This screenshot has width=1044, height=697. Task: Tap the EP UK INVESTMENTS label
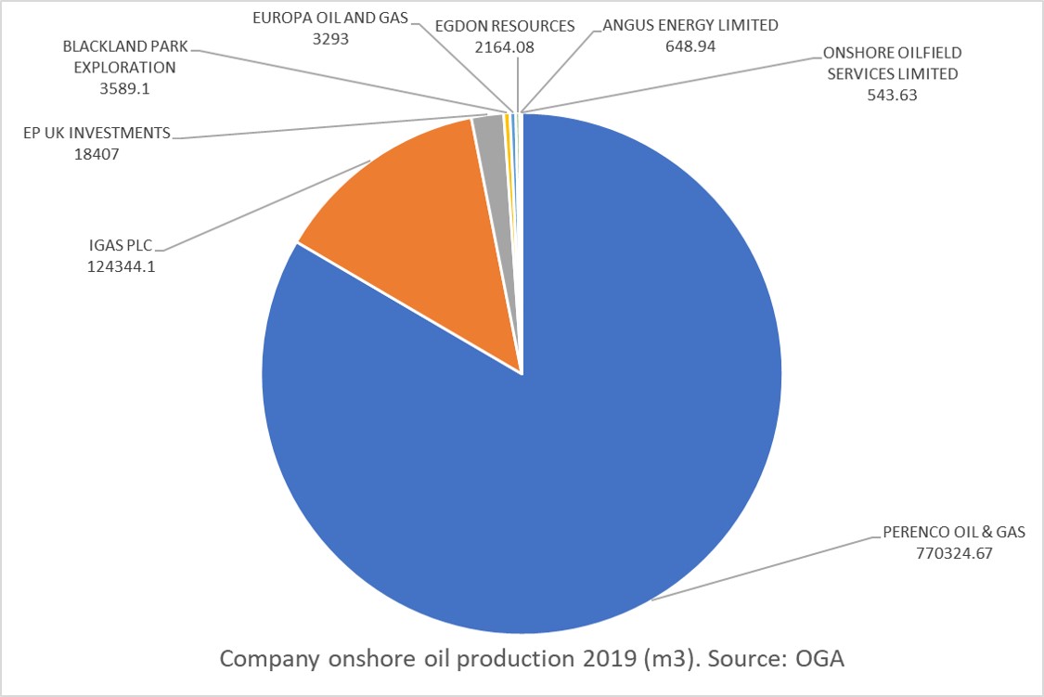coord(97,133)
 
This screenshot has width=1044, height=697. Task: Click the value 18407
coord(97,153)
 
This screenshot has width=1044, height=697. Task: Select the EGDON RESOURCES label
coord(504,25)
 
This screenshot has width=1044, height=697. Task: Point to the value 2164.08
coord(504,45)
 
